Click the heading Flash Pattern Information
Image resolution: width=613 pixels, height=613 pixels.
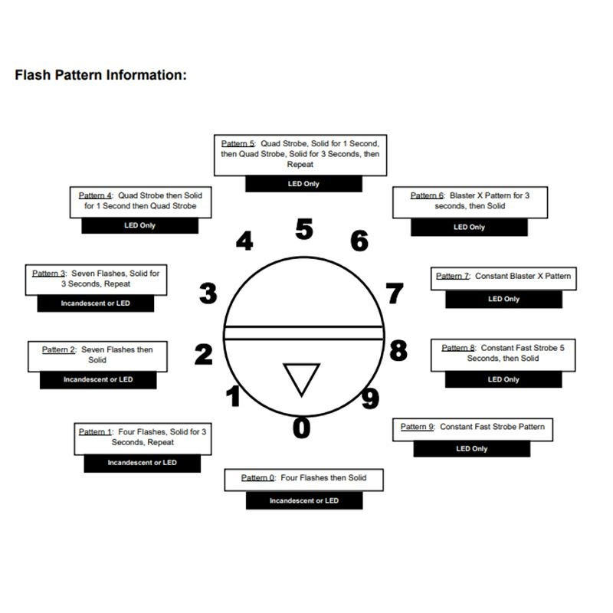[x=100, y=75]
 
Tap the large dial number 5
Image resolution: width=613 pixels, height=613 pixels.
[x=304, y=229]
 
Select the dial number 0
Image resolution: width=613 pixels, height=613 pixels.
[x=302, y=428]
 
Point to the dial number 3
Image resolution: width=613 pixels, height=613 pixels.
[x=208, y=293]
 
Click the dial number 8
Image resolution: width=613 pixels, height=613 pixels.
[x=398, y=350]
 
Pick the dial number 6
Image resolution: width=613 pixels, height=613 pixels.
[x=359, y=241]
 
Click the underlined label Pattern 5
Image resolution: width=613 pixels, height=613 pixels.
[x=238, y=143]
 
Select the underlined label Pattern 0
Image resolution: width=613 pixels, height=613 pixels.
[x=257, y=478]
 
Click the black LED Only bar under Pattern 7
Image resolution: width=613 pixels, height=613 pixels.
[x=503, y=300]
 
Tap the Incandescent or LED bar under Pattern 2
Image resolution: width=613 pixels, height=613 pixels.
[x=98, y=380]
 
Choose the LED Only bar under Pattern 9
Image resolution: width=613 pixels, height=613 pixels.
[x=471, y=449]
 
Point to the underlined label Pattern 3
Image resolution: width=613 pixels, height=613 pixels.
[x=48, y=274]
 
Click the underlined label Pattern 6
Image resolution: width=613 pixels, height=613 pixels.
[x=427, y=196]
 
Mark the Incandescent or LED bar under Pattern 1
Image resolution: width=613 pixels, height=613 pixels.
[x=142, y=463]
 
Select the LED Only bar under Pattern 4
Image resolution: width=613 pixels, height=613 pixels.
[x=139, y=226]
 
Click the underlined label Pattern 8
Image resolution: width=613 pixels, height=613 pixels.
[x=458, y=348]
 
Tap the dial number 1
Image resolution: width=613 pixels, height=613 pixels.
[x=234, y=397]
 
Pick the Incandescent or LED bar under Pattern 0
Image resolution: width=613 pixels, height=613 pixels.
[x=303, y=501]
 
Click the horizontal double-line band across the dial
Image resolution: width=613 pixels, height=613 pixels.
[x=303, y=333]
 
